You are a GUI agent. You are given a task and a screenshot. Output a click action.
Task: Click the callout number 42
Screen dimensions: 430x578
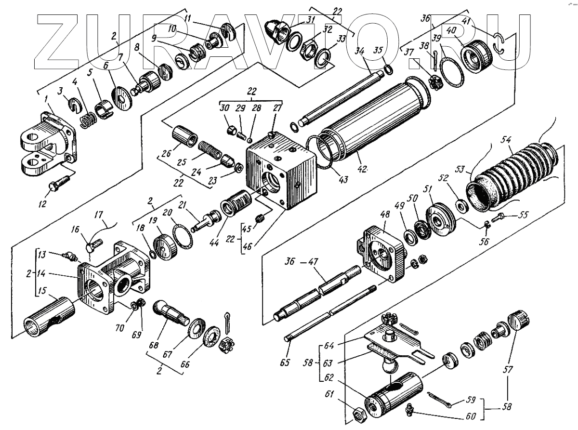362,169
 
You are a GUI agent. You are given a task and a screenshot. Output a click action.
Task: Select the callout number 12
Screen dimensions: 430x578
42,204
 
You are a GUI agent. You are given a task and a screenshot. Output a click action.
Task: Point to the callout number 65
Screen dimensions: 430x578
285,362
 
